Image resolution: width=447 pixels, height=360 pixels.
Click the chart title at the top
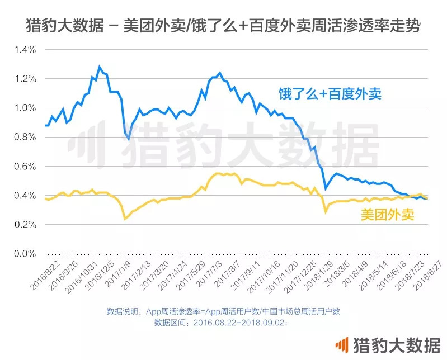tap(223, 25)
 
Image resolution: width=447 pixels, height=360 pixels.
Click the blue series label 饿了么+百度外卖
tap(331, 93)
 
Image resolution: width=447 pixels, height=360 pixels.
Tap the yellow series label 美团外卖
tap(388, 215)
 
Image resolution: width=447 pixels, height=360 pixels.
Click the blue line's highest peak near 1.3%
tap(100, 67)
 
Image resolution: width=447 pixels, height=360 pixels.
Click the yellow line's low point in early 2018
tap(326, 212)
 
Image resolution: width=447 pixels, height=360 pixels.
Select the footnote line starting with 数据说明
tap(223, 311)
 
